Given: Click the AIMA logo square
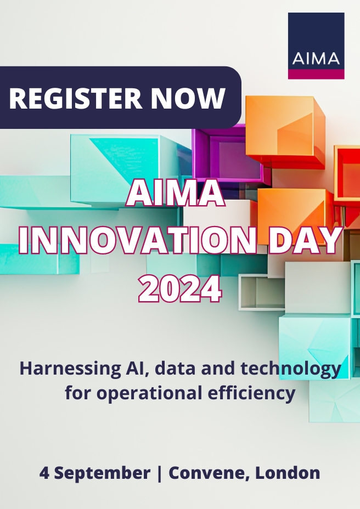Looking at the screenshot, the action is [316, 46].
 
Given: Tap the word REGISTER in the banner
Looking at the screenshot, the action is [75, 98].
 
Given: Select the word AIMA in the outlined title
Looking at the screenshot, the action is [176, 194].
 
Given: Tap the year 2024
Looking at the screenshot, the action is [180, 288].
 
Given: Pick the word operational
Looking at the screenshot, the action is [149, 393].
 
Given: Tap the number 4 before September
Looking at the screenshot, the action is [44, 473].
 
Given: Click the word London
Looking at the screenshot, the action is [288, 473].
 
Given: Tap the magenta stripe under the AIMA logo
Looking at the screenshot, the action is [316, 74].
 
